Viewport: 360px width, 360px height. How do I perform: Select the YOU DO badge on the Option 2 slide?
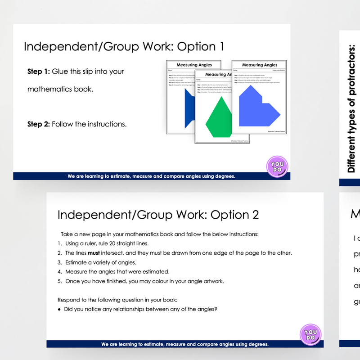tap(310, 335)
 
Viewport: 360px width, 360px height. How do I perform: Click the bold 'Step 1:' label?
tap(39, 71)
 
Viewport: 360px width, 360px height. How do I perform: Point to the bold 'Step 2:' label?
tap(39, 124)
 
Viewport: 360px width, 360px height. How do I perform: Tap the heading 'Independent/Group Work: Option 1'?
tap(123, 47)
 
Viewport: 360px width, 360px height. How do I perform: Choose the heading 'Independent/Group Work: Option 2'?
tap(158, 215)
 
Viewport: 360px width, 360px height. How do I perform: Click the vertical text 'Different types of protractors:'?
tap(352, 108)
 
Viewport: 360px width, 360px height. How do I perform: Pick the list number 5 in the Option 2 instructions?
tap(59, 281)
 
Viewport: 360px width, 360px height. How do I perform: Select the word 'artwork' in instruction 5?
tap(212, 281)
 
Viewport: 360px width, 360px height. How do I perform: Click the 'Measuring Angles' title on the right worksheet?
tap(260, 65)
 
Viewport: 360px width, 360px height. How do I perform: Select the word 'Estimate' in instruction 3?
tap(77, 262)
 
